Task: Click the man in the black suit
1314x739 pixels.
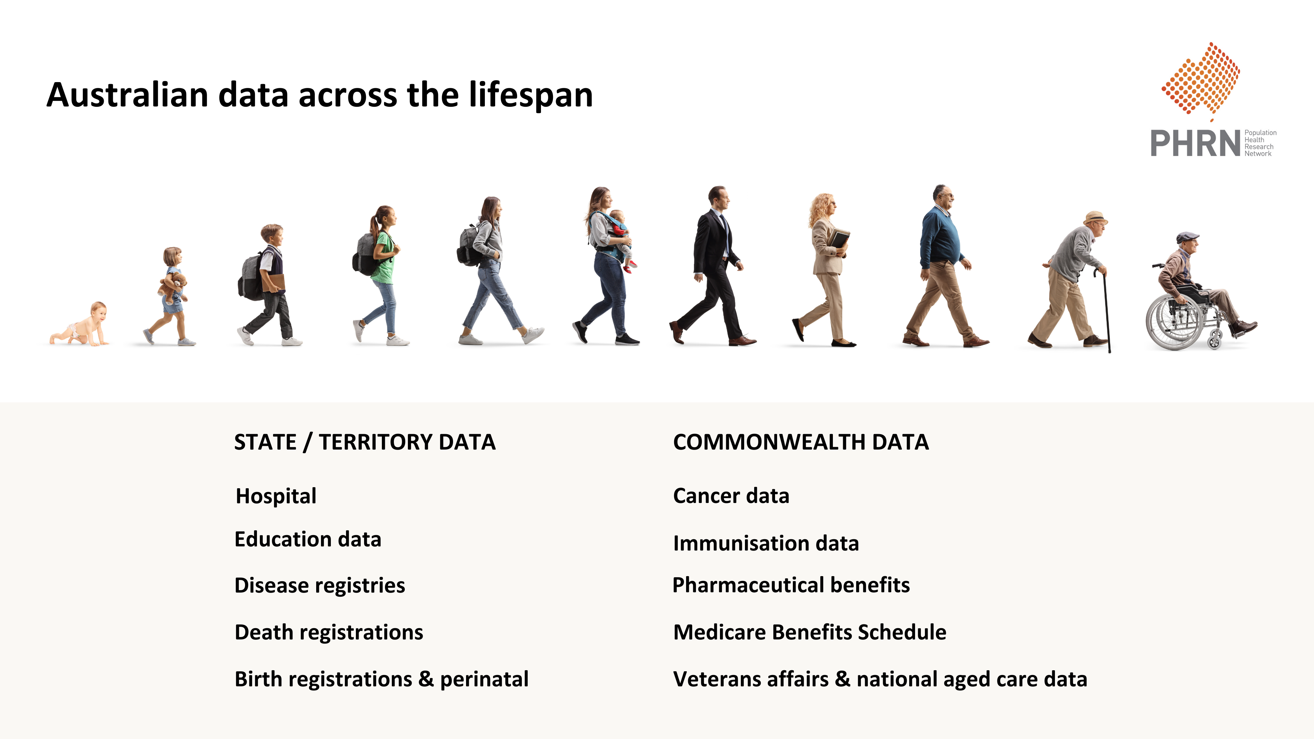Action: (x=714, y=265)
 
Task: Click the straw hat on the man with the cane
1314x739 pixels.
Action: (x=1095, y=217)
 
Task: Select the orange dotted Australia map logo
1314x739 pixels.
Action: (x=1202, y=79)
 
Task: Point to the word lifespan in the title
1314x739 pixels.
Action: (x=530, y=95)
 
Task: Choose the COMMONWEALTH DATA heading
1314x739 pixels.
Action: (x=801, y=442)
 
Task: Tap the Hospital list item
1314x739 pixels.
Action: (x=276, y=496)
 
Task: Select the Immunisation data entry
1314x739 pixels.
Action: (x=766, y=544)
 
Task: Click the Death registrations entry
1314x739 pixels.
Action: (x=328, y=632)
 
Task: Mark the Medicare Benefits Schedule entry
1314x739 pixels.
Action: (x=810, y=632)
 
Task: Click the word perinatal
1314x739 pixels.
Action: (x=484, y=680)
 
